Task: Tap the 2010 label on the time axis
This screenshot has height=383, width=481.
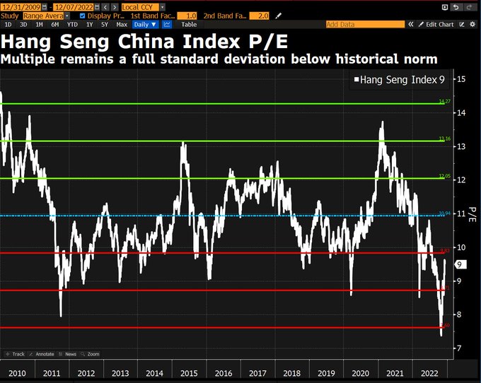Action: [x=18, y=372]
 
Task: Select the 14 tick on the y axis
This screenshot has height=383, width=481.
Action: [x=461, y=113]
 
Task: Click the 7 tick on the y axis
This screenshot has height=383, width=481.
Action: [x=460, y=348]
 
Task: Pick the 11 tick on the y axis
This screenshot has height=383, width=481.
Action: [x=461, y=213]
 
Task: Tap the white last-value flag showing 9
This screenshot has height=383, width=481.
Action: [x=459, y=265]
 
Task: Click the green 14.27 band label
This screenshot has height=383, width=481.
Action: [x=444, y=102]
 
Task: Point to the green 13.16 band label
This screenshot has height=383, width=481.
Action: [x=444, y=139]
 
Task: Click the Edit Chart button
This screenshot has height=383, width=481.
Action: [x=435, y=24]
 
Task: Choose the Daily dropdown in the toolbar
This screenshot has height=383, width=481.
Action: [x=144, y=24]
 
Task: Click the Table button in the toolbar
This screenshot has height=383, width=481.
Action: [x=189, y=24]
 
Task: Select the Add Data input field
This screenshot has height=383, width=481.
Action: [x=364, y=24]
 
